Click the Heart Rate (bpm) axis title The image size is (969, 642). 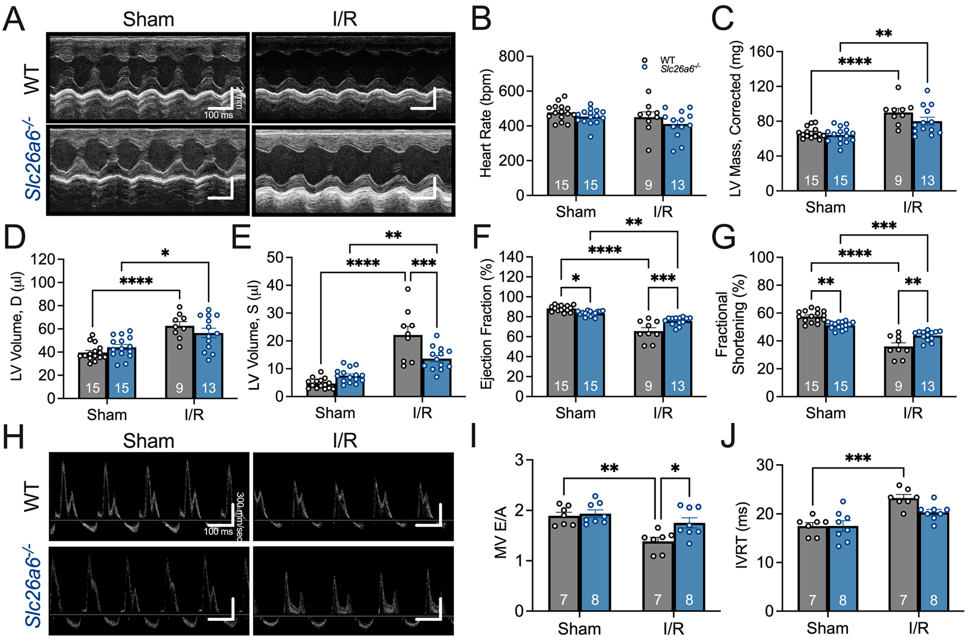[x=486, y=123]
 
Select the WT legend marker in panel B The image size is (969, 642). [x=644, y=60]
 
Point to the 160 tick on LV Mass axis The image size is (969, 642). [x=761, y=52]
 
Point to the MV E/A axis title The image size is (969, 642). [x=501, y=532]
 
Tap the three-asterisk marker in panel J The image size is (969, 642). [x=858, y=458]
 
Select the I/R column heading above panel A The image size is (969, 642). [x=345, y=19]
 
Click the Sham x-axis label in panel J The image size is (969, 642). [x=827, y=628]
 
